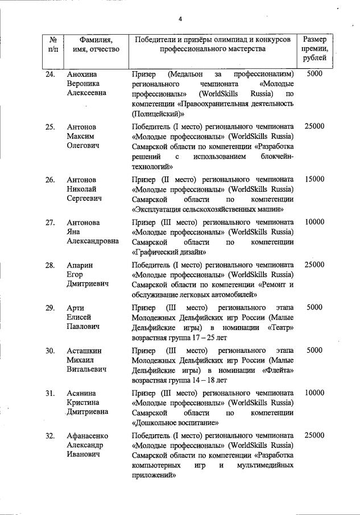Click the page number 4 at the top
point(180,19)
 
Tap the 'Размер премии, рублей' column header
point(315,49)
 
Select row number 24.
point(51,75)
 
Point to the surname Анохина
point(82,75)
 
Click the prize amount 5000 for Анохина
point(315,75)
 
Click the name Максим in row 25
point(80,137)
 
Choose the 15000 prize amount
point(315,179)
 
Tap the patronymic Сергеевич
point(85,200)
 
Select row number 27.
point(51,222)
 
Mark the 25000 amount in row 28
point(315,265)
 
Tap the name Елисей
point(80,318)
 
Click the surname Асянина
point(82,393)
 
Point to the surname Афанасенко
point(88,436)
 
